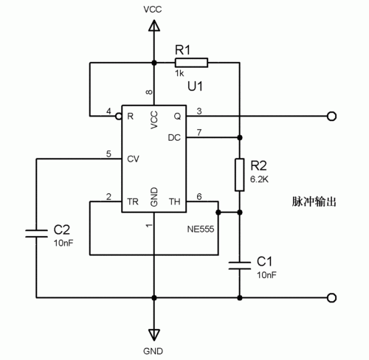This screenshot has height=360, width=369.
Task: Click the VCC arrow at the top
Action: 154,27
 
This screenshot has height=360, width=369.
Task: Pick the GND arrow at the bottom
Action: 154,333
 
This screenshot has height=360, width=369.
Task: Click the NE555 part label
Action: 200,229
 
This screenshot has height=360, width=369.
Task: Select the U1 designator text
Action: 195,87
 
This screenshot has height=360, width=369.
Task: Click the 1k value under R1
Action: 179,75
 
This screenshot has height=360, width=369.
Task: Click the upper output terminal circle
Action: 331,116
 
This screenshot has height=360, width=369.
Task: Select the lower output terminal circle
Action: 331,298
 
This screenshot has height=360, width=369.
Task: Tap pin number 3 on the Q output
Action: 198,110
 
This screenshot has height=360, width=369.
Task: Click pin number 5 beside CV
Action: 108,153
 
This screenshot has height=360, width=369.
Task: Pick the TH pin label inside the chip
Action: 174,200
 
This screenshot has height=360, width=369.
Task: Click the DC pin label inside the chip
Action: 174,137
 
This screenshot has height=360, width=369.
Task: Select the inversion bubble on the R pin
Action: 119,116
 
